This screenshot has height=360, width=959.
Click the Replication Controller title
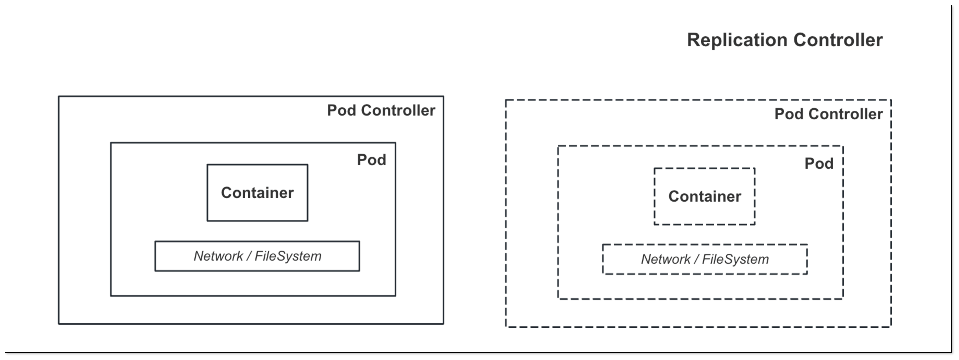pyautogui.click(x=784, y=40)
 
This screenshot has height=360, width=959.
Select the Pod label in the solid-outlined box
pyautogui.click(x=371, y=160)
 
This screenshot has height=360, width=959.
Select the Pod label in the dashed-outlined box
pyautogui.click(x=819, y=163)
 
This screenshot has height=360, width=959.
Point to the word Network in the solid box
pyautogui.click(x=218, y=256)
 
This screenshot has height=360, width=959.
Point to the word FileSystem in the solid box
pyautogui.click(x=288, y=256)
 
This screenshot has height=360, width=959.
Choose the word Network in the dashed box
pyautogui.click(x=666, y=259)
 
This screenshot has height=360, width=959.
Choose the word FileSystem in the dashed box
pyautogui.click(x=735, y=259)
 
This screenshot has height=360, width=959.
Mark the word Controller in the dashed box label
pyautogui.click(x=846, y=114)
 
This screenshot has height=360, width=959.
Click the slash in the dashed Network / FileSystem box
pyautogui.click(x=696, y=259)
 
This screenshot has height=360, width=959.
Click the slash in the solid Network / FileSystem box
pyautogui.click(x=249, y=256)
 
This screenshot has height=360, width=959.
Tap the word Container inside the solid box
pyautogui.click(x=257, y=193)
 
